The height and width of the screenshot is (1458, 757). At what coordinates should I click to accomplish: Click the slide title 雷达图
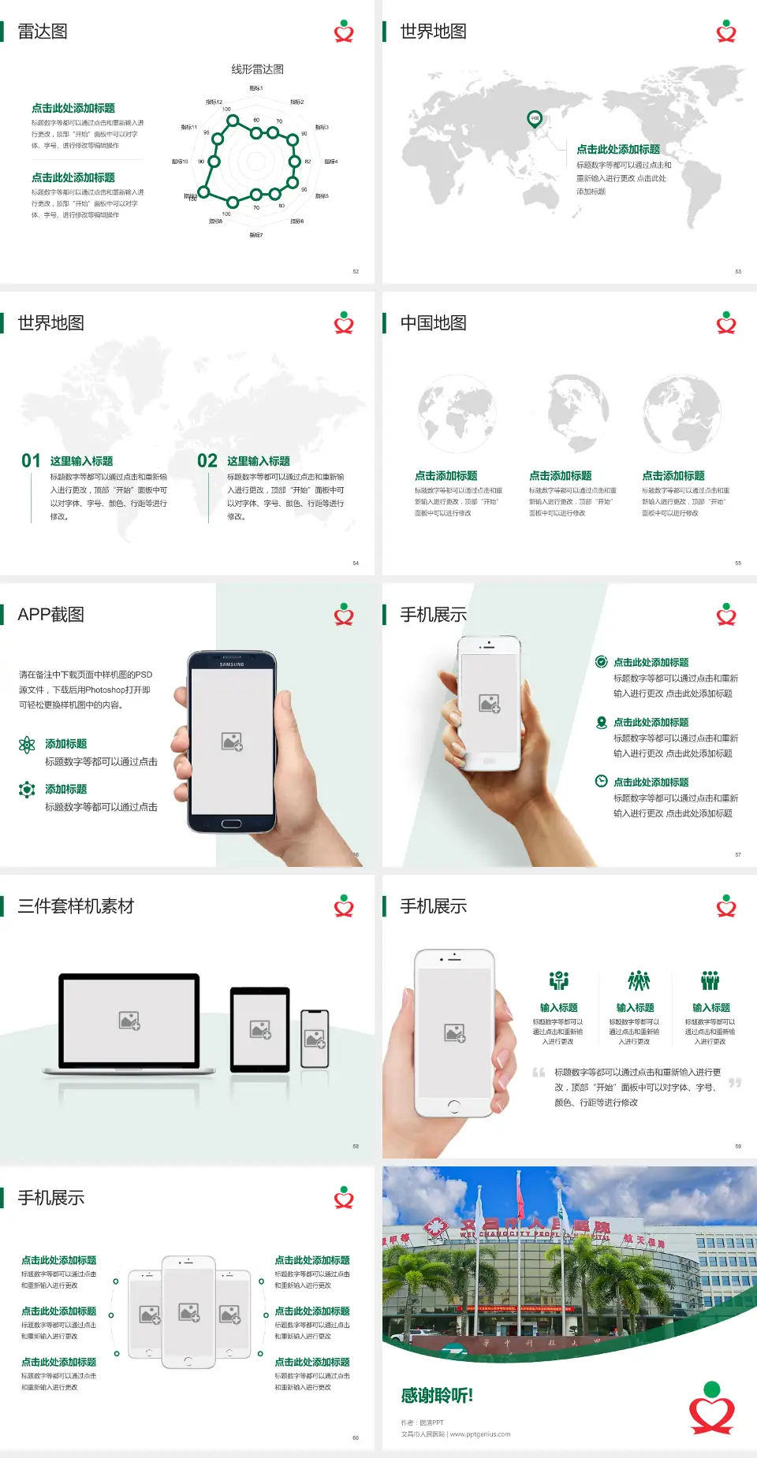[43, 32]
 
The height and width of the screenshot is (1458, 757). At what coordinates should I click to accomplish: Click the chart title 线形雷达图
[257, 69]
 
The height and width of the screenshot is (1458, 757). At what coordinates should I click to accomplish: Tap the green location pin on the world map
[534, 119]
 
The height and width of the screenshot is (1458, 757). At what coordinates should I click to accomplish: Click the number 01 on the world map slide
[31, 461]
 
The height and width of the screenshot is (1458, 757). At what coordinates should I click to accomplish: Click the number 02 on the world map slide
[207, 461]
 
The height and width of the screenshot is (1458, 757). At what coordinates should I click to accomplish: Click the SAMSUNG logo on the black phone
[232, 664]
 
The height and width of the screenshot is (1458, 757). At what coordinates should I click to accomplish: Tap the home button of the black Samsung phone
[231, 824]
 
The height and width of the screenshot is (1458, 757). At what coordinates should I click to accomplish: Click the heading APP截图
[50, 615]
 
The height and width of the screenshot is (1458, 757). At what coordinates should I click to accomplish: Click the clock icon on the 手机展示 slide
[601, 781]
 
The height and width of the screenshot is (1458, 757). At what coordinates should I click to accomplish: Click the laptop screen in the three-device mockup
[129, 1021]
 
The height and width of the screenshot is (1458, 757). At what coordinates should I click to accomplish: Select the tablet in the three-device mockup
[260, 1028]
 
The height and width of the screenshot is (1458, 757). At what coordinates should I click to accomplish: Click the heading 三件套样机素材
[76, 906]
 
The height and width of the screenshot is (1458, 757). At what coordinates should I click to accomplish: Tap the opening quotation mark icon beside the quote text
[539, 1073]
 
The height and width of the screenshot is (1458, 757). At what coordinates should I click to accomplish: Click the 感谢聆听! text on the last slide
[437, 1396]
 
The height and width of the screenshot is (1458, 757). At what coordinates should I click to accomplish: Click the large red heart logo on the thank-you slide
[712, 1409]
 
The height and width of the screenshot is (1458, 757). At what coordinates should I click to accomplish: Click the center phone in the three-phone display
[188, 1311]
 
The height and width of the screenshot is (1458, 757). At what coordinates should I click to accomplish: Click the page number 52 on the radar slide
[356, 271]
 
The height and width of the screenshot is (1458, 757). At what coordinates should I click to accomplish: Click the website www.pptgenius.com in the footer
[480, 1434]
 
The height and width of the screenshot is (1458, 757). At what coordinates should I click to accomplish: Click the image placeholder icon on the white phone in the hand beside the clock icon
[489, 703]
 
